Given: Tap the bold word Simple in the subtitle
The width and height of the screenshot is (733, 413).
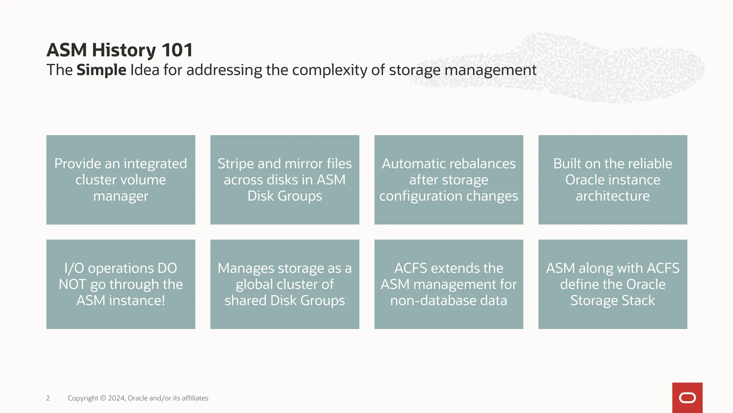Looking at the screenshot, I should [101, 70].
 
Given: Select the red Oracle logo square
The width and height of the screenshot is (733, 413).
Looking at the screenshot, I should [687, 398].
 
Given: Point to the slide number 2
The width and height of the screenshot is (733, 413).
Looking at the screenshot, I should [48, 398].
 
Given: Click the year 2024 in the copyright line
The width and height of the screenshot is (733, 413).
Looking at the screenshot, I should [116, 398].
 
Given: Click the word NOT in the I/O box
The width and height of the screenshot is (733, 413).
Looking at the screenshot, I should [72, 284].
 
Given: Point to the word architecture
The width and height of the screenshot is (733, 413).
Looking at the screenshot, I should [613, 196].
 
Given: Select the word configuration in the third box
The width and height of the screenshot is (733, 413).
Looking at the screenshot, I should [416, 196].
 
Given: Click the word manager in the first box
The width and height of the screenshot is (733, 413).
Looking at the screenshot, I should [121, 196].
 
